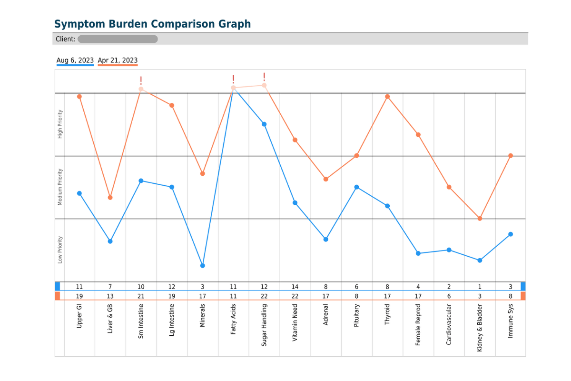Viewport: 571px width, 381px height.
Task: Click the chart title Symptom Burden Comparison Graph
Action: (x=152, y=24)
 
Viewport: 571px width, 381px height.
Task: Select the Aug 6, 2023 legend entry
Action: (x=75, y=60)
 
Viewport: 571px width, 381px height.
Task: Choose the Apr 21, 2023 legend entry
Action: (x=118, y=60)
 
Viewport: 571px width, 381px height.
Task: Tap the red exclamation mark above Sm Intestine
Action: (x=141, y=80)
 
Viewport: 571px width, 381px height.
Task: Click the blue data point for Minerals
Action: (x=203, y=266)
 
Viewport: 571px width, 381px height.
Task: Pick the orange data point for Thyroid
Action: (x=387, y=97)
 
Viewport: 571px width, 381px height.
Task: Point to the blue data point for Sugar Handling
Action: (x=265, y=124)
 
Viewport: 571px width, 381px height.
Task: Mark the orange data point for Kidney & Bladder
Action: (x=480, y=219)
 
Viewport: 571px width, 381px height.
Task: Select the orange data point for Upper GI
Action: (x=79, y=97)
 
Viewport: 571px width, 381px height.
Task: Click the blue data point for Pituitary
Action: (x=356, y=187)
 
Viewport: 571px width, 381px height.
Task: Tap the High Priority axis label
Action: (x=60, y=124)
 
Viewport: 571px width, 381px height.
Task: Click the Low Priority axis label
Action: (x=60, y=250)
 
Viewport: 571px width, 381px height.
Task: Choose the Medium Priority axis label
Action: (x=60, y=187)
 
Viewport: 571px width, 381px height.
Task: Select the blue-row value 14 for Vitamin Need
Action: (x=295, y=287)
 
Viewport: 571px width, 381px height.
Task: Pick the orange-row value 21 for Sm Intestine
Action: (x=141, y=296)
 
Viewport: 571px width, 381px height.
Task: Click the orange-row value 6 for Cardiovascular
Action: (x=449, y=296)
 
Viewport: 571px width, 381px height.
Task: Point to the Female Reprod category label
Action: (x=418, y=325)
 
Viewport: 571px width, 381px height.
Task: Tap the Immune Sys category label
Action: (x=510, y=321)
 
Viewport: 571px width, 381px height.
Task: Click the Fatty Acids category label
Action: (x=233, y=319)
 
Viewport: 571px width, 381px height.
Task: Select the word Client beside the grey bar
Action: (x=66, y=39)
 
